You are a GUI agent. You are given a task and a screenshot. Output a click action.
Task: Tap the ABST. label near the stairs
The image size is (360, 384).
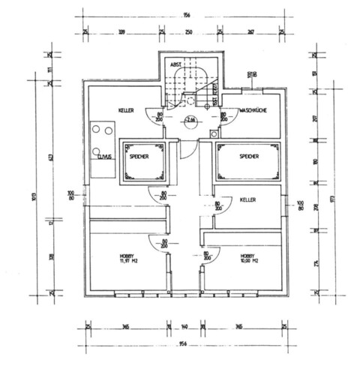coord(175,64)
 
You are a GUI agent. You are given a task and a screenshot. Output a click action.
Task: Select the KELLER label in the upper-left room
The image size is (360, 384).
coord(127,111)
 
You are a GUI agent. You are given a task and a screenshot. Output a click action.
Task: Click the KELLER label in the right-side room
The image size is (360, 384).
coord(248,200)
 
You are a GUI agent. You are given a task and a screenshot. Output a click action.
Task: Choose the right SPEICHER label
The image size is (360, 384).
coord(249,156)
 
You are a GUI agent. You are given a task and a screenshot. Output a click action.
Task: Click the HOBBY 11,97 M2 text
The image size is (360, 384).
coord(120,258)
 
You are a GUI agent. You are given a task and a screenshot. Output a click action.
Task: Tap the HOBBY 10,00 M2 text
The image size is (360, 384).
coord(249,258)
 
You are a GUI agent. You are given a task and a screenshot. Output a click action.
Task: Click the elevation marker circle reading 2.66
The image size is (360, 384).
coord(189,119)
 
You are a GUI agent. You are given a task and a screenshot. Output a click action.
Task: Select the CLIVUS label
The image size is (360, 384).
coord(103,157)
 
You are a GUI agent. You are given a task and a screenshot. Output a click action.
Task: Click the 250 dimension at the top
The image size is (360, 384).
coord(189,32)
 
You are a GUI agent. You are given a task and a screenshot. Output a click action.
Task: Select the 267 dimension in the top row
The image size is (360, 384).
coord(250,32)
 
